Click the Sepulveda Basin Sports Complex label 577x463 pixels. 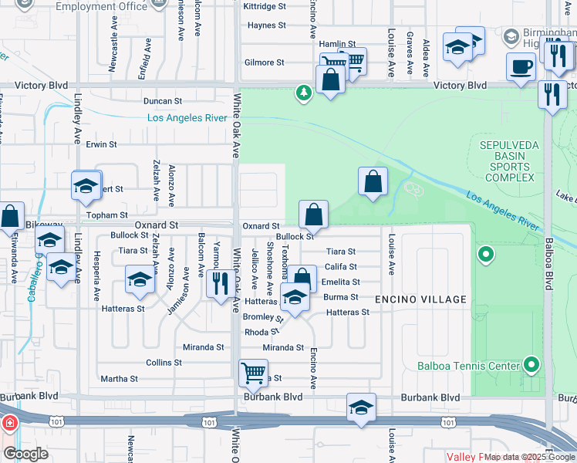point(505,161)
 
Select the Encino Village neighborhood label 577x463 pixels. point(420,299)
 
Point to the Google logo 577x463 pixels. point(25,454)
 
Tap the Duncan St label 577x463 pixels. point(162,101)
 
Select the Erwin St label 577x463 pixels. point(101,144)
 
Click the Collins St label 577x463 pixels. point(164,362)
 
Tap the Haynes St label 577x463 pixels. point(268,25)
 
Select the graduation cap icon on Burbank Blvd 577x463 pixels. point(361,408)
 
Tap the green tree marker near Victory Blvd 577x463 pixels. point(305,93)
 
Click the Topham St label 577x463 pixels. point(108,215)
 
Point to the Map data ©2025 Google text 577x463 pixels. point(528,457)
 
